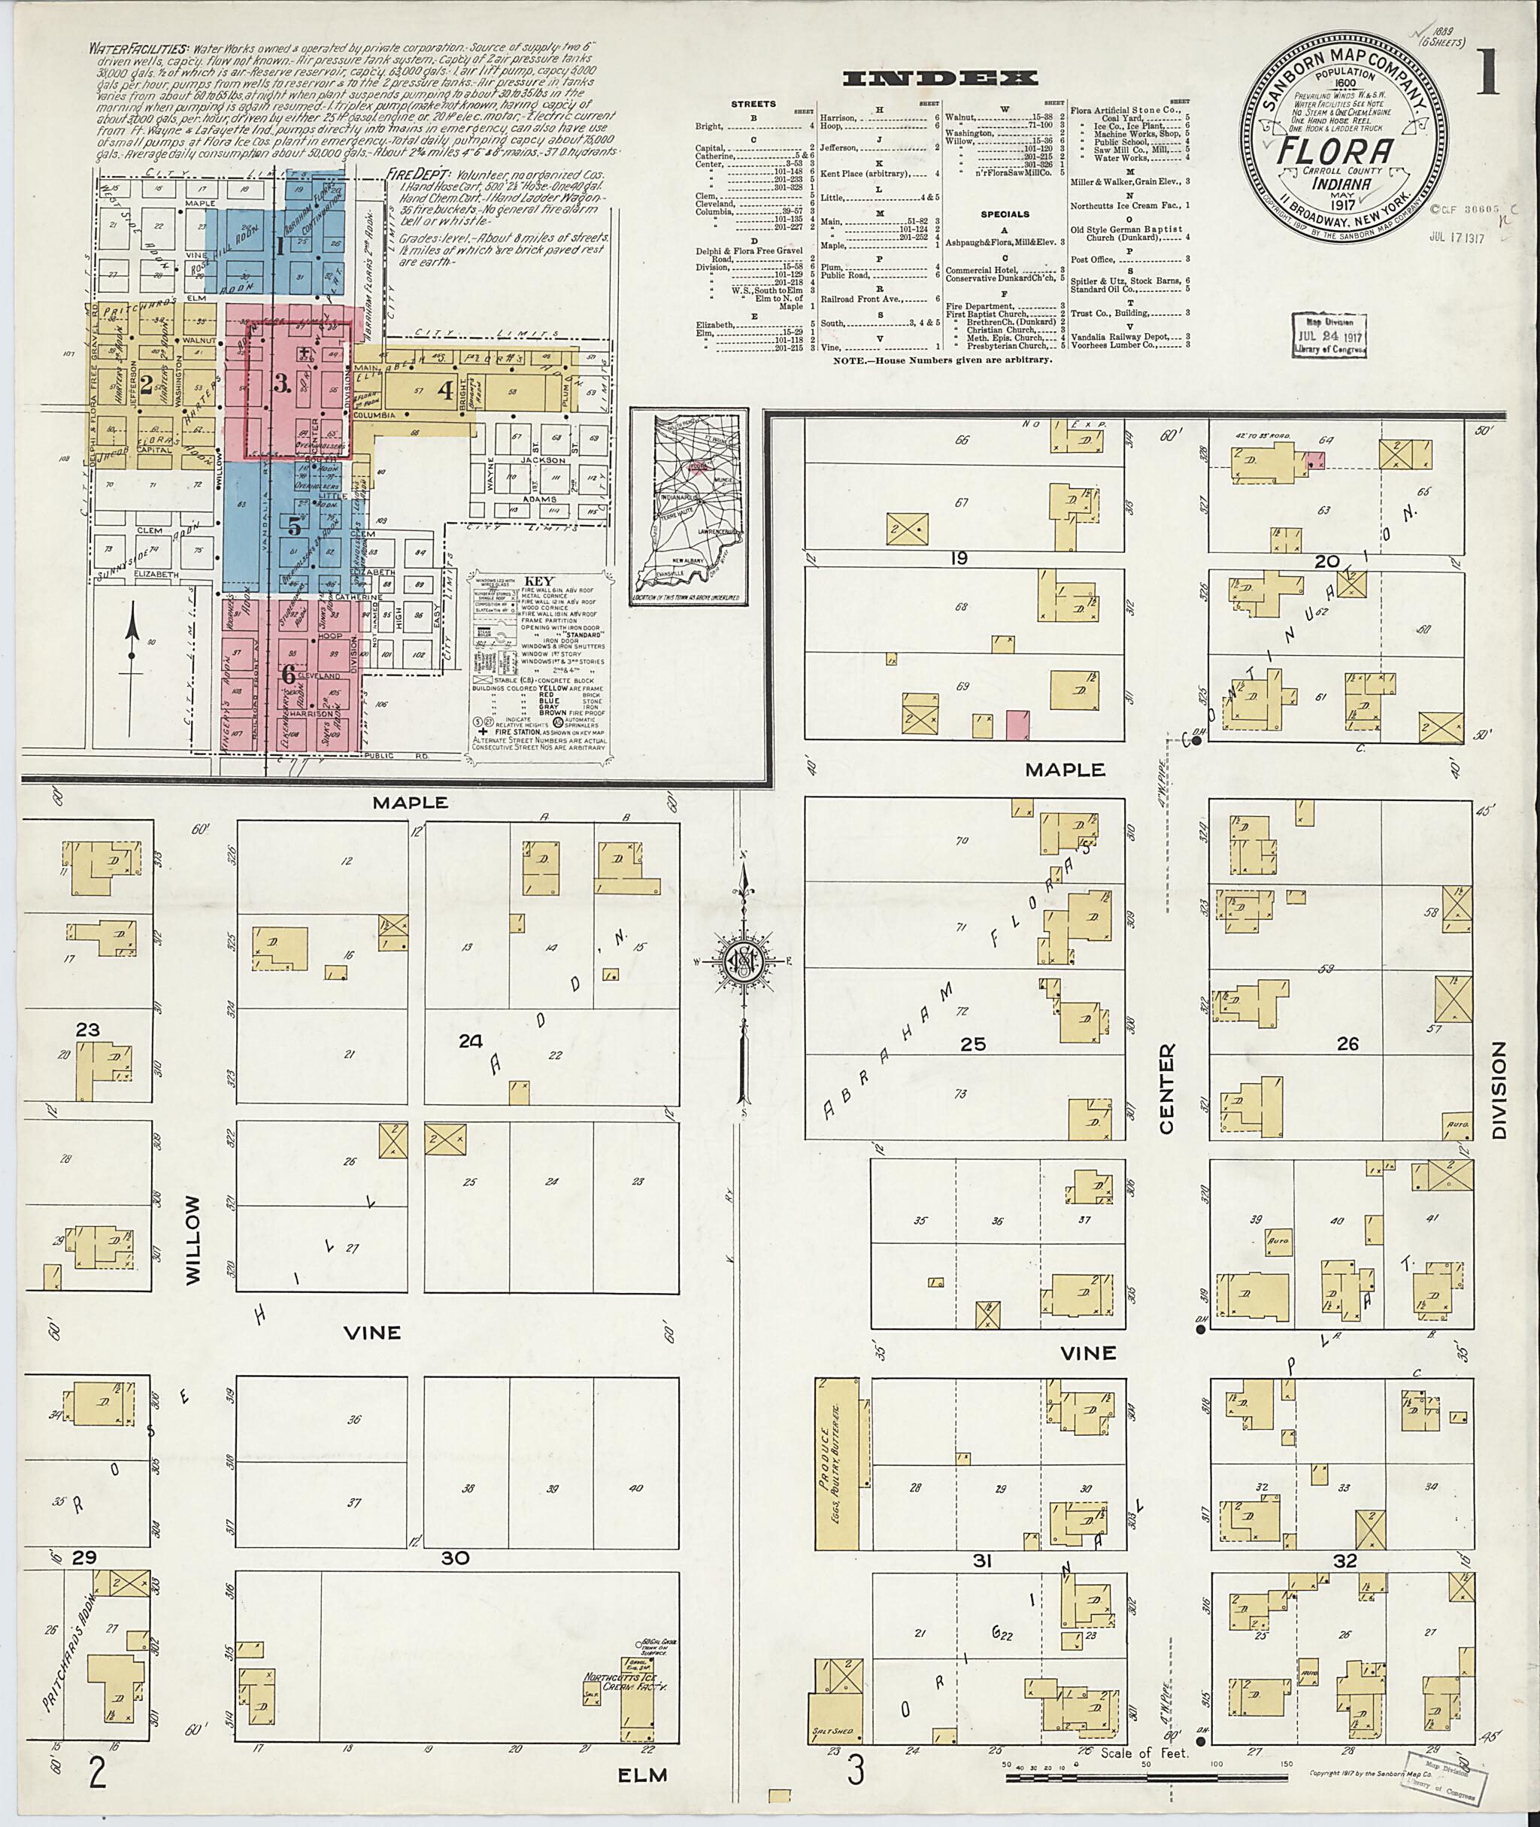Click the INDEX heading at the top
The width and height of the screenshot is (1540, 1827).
tap(941, 78)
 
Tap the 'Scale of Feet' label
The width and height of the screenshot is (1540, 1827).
tap(1144, 1753)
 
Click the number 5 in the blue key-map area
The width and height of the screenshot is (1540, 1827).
tap(294, 527)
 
